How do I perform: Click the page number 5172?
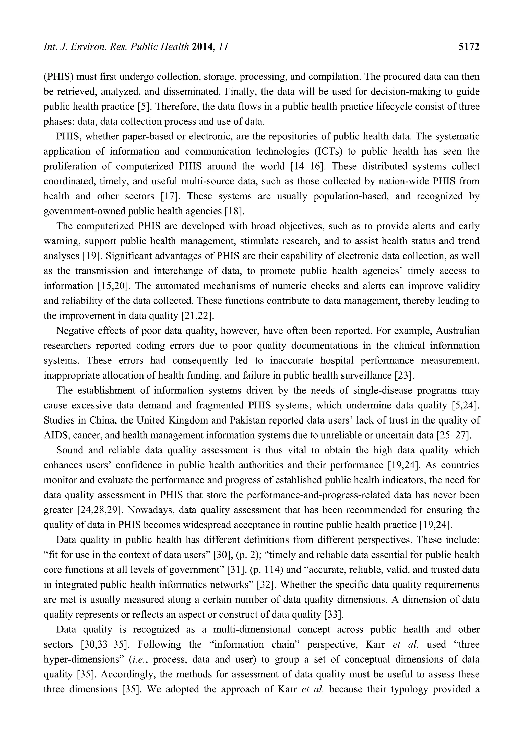[469, 47]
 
